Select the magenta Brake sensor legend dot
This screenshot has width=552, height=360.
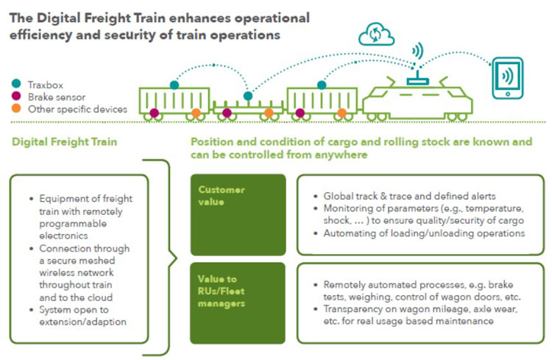[15, 96]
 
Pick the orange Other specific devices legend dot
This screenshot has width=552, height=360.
[15, 109]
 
